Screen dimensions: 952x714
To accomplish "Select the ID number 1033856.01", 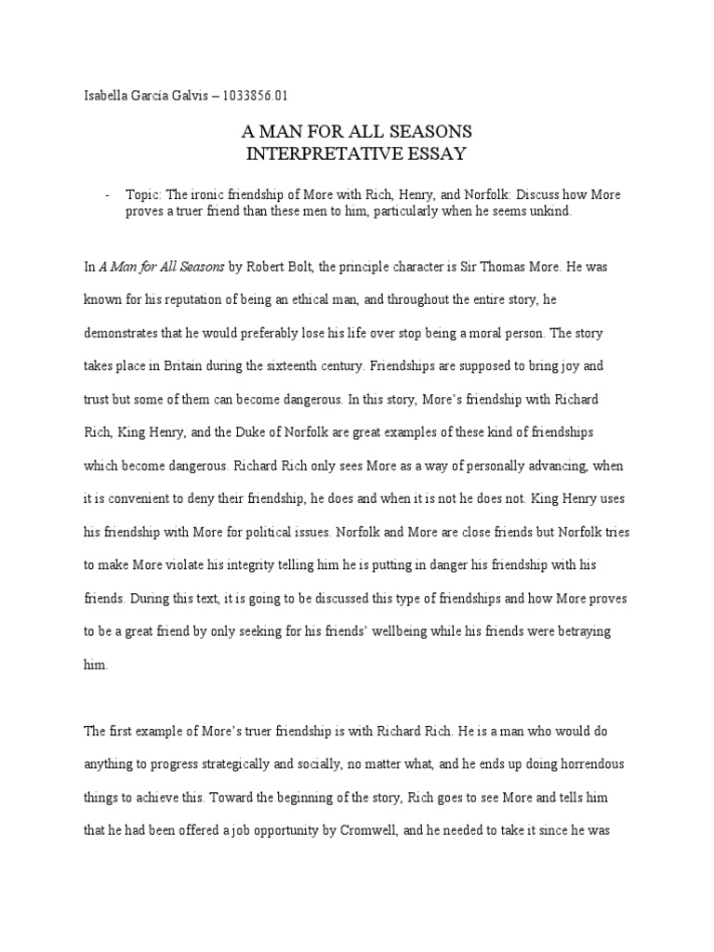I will (265, 94).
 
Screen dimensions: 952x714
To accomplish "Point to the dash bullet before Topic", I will (109, 194).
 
